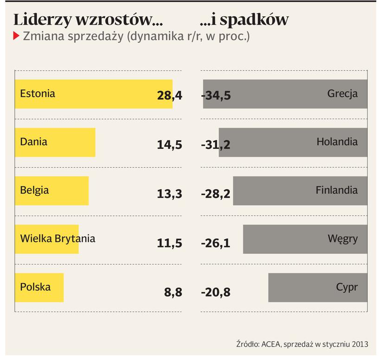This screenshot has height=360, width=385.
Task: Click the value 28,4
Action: pyautogui.click(x=170, y=96)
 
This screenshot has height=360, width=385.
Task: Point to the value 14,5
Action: pyautogui.click(x=170, y=145)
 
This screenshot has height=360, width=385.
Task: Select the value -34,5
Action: pyautogui.click(x=216, y=96)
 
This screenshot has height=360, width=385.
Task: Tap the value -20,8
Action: pyautogui.click(x=216, y=292)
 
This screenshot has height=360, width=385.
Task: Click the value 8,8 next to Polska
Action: pyautogui.click(x=173, y=292)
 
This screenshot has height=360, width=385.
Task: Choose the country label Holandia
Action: pyautogui.click(x=337, y=141)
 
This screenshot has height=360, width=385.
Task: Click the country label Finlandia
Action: pyautogui.click(x=337, y=190)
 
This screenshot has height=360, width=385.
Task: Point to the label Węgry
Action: pyautogui.click(x=343, y=239)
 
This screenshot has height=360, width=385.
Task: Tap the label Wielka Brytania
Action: pyautogui.click(x=58, y=239)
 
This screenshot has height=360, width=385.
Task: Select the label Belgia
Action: pyautogui.click(x=34, y=190)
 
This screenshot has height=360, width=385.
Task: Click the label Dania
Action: pyautogui.click(x=34, y=141)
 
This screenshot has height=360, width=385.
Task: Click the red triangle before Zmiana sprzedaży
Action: pyautogui.click(x=16, y=36)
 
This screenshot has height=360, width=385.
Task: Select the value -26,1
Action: pyautogui.click(x=216, y=243)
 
